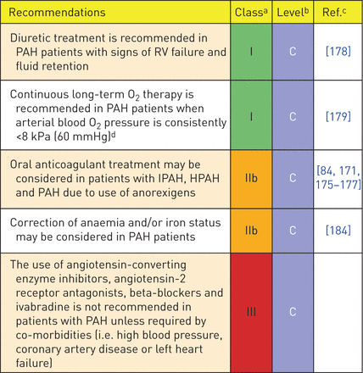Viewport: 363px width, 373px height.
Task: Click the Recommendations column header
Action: pyautogui.click(x=57, y=13)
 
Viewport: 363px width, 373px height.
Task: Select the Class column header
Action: pyautogui.click(x=251, y=12)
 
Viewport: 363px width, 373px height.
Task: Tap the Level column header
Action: pyautogui.click(x=293, y=12)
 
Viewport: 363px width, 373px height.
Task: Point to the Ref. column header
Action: pyautogui.click(x=334, y=12)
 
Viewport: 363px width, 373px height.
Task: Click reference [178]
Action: pyautogui.click(x=338, y=52)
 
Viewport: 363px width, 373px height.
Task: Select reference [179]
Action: pyautogui.click(x=338, y=116)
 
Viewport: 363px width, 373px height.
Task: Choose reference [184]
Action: pyautogui.click(x=338, y=231)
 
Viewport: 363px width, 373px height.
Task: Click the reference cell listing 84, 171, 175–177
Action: pyautogui.click(x=338, y=178)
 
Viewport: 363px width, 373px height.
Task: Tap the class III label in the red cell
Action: pyautogui.click(x=251, y=312)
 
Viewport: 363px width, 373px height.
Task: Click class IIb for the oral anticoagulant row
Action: pyautogui.click(x=251, y=178)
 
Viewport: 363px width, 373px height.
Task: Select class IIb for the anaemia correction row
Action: pyautogui.click(x=251, y=231)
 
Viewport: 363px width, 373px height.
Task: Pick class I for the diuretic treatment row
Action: pyautogui.click(x=251, y=52)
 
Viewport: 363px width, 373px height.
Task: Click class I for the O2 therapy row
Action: pyautogui.click(x=251, y=116)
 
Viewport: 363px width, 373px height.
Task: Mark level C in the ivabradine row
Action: pyautogui.click(x=293, y=312)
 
